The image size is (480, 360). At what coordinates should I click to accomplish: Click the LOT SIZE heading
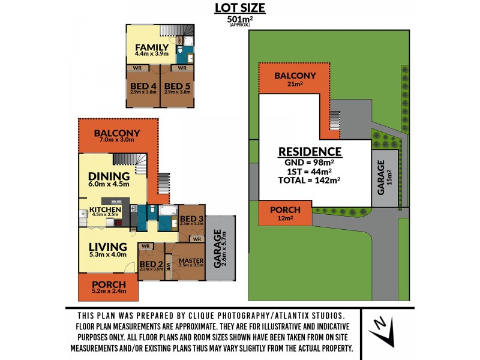(x=239, y=8)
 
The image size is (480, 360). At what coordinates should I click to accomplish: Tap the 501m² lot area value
(x=239, y=19)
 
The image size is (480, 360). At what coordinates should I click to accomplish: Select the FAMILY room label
(x=151, y=47)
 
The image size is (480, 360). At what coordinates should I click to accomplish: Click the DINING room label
(x=109, y=176)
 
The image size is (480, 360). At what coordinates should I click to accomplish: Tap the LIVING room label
(x=108, y=247)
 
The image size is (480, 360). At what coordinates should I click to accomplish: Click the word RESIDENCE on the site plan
(x=309, y=152)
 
